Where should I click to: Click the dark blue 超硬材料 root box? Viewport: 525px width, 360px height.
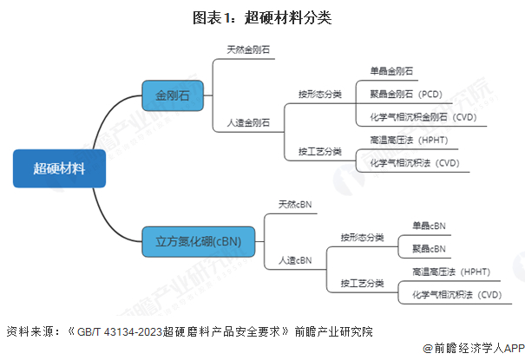pos(59,168)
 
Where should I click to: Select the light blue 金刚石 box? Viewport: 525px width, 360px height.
pos(173,95)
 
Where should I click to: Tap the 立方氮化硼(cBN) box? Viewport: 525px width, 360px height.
pos(198,241)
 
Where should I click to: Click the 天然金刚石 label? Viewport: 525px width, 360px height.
pos(248,49)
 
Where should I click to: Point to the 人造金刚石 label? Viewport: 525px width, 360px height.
pos(248,123)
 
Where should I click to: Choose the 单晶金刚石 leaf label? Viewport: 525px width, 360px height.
pos(391,71)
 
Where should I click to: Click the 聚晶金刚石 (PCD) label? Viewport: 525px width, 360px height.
pos(406,94)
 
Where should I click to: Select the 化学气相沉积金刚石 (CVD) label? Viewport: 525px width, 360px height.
pos(423,117)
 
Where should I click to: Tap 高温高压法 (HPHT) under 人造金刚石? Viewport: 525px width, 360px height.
pos(409,140)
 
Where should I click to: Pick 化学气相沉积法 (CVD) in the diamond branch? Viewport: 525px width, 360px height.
pos(415,163)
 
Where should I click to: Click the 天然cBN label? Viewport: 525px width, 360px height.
pos(295,205)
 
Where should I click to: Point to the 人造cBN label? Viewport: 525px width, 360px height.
pos(295,260)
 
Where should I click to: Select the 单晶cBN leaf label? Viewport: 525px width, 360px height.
pos(429,226)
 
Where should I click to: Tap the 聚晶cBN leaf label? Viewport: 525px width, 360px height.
pos(429,249)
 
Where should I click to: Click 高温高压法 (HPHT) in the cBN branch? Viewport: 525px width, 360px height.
pos(451,272)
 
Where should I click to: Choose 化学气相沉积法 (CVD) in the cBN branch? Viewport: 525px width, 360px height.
pos(456,295)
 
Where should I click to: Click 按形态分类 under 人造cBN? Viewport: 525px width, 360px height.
pos(362,238)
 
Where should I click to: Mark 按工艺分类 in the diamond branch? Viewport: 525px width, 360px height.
pos(320,152)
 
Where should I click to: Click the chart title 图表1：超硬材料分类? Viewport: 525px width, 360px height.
pos(262,17)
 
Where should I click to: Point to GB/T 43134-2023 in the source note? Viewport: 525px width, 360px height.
pos(120,332)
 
